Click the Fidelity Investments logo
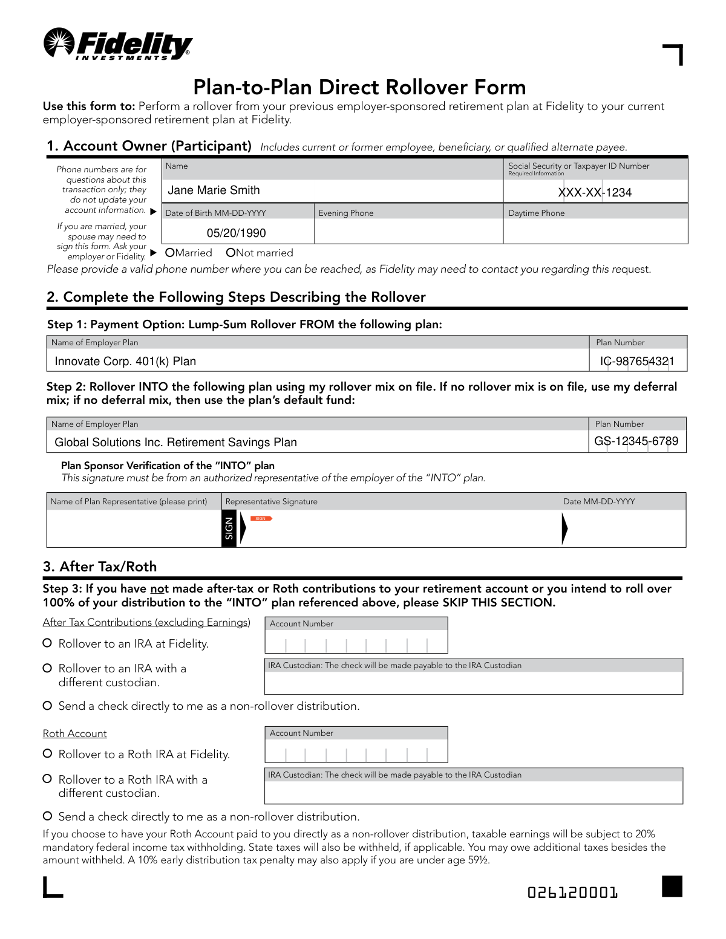pos(118,44)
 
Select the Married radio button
pos(170,253)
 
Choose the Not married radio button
pos(231,253)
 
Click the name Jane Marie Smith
pos(214,190)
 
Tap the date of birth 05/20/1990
pos(236,233)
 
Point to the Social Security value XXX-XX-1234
pos(595,192)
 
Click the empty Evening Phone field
pos(408,232)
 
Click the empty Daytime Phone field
pos(595,232)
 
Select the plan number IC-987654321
pos(637,362)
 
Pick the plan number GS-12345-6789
pos(636,441)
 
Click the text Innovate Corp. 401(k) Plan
pos(125,362)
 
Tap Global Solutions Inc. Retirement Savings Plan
pos(175,443)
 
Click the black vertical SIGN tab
pos(229,528)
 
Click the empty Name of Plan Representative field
pos(134,528)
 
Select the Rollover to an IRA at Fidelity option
pos(47,643)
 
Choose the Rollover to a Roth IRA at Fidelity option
pos(47,753)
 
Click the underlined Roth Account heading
pos(74,733)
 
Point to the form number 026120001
pos(572,892)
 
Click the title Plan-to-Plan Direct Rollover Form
pos(359,87)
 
